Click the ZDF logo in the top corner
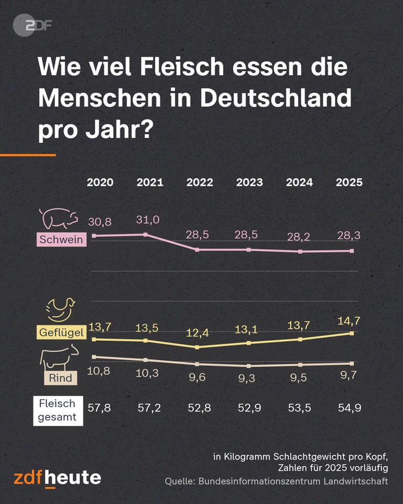pos(33,25)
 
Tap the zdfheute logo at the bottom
pos(57,478)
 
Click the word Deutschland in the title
pos(272,98)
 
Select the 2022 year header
pos(199,183)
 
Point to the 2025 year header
pos(349,183)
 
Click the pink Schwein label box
pos(61,240)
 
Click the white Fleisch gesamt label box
pos(57,410)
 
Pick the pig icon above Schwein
pos(58,217)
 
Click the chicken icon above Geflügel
pos(60,310)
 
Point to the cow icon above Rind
pos(59,359)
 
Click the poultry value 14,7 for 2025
pos(349,320)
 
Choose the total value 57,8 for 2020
pos(99,408)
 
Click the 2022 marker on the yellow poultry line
pos(197,347)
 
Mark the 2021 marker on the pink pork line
pos(146,235)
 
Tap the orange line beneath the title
pos(27,155)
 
